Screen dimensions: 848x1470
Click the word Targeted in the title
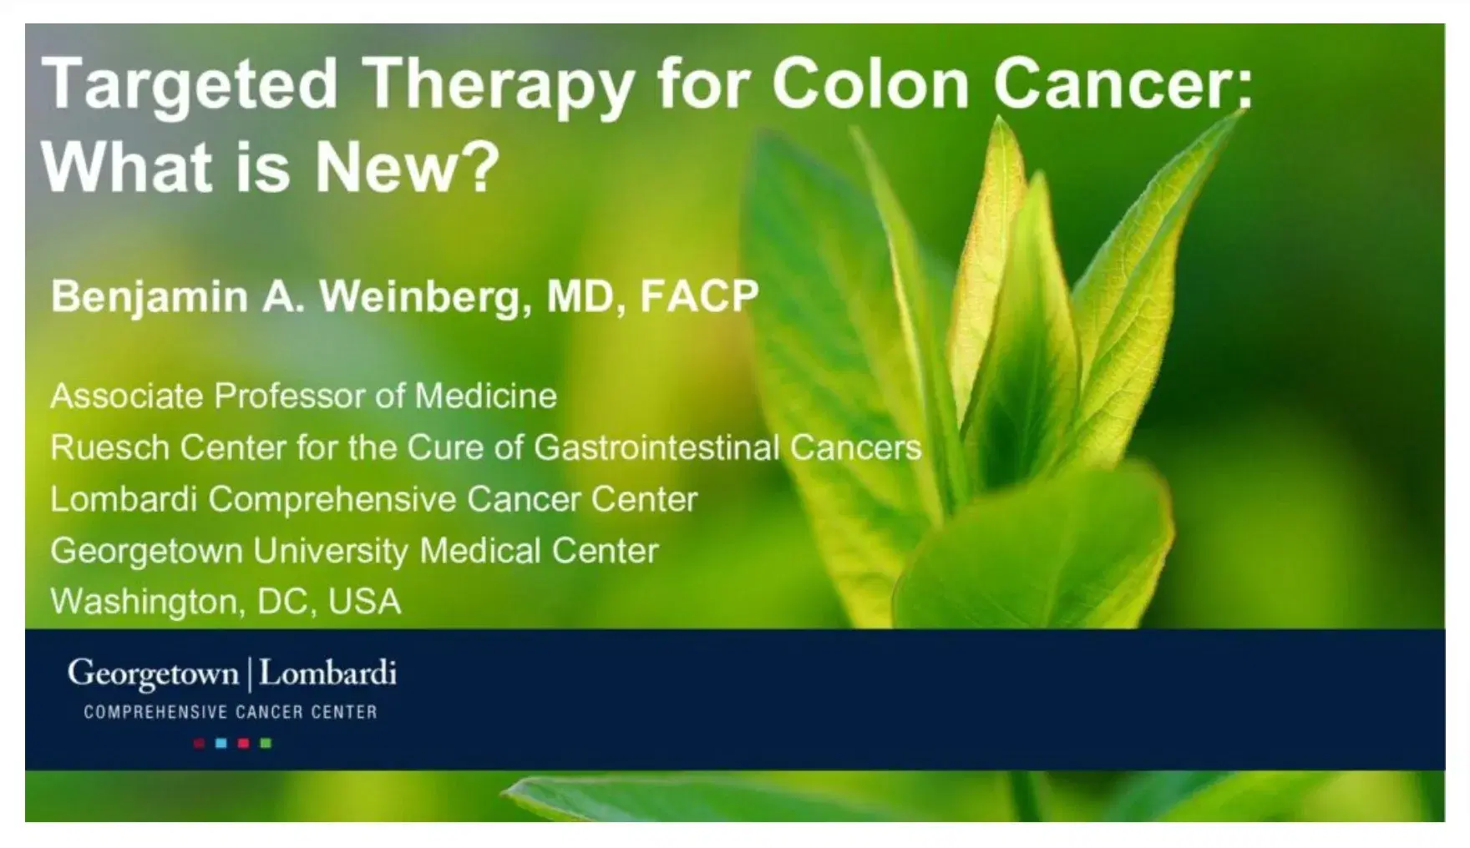pyautogui.click(x=190, y=85)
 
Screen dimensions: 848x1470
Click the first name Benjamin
pyautogui.click(x=150, y=297)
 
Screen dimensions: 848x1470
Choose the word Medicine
pyautogui.click(x=486, y=396)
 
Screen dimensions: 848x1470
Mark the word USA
pyautogui.click(x=365, y=602)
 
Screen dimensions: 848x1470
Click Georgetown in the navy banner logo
pyautogui.click(x=153, y=674)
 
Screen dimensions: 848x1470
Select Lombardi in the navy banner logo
pyautogui.click(x=327, y=673)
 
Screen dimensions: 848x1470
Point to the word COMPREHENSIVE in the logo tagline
pyautogui.click(x=155, y=713)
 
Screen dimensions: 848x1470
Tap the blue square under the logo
pyautogui.click(x=221, y=743)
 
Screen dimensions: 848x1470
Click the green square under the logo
pyautogui.click(x=266, y=743)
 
